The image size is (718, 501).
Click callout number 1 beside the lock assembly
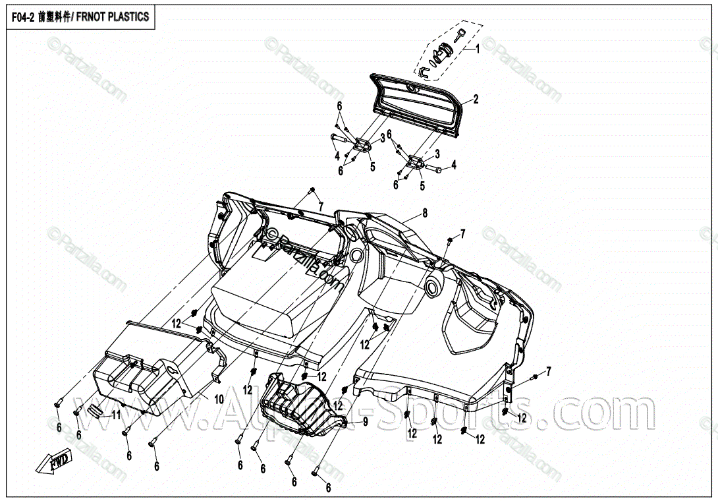point(478,49)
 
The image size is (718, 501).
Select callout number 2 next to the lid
point(476,100)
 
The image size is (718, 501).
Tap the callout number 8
point(425,213)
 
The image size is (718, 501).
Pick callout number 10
point(219,399)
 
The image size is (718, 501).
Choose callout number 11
point(116,415)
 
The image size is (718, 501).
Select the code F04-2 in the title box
point(22,16)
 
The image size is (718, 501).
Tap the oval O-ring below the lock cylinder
point(436,61)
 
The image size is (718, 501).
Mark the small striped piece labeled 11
point(97,411)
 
